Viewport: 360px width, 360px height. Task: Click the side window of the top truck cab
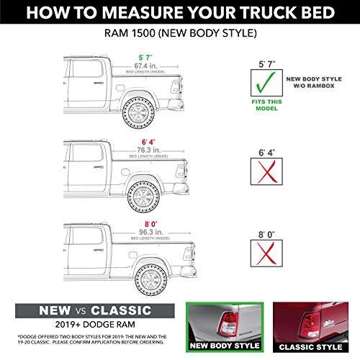tap(83, 71)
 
